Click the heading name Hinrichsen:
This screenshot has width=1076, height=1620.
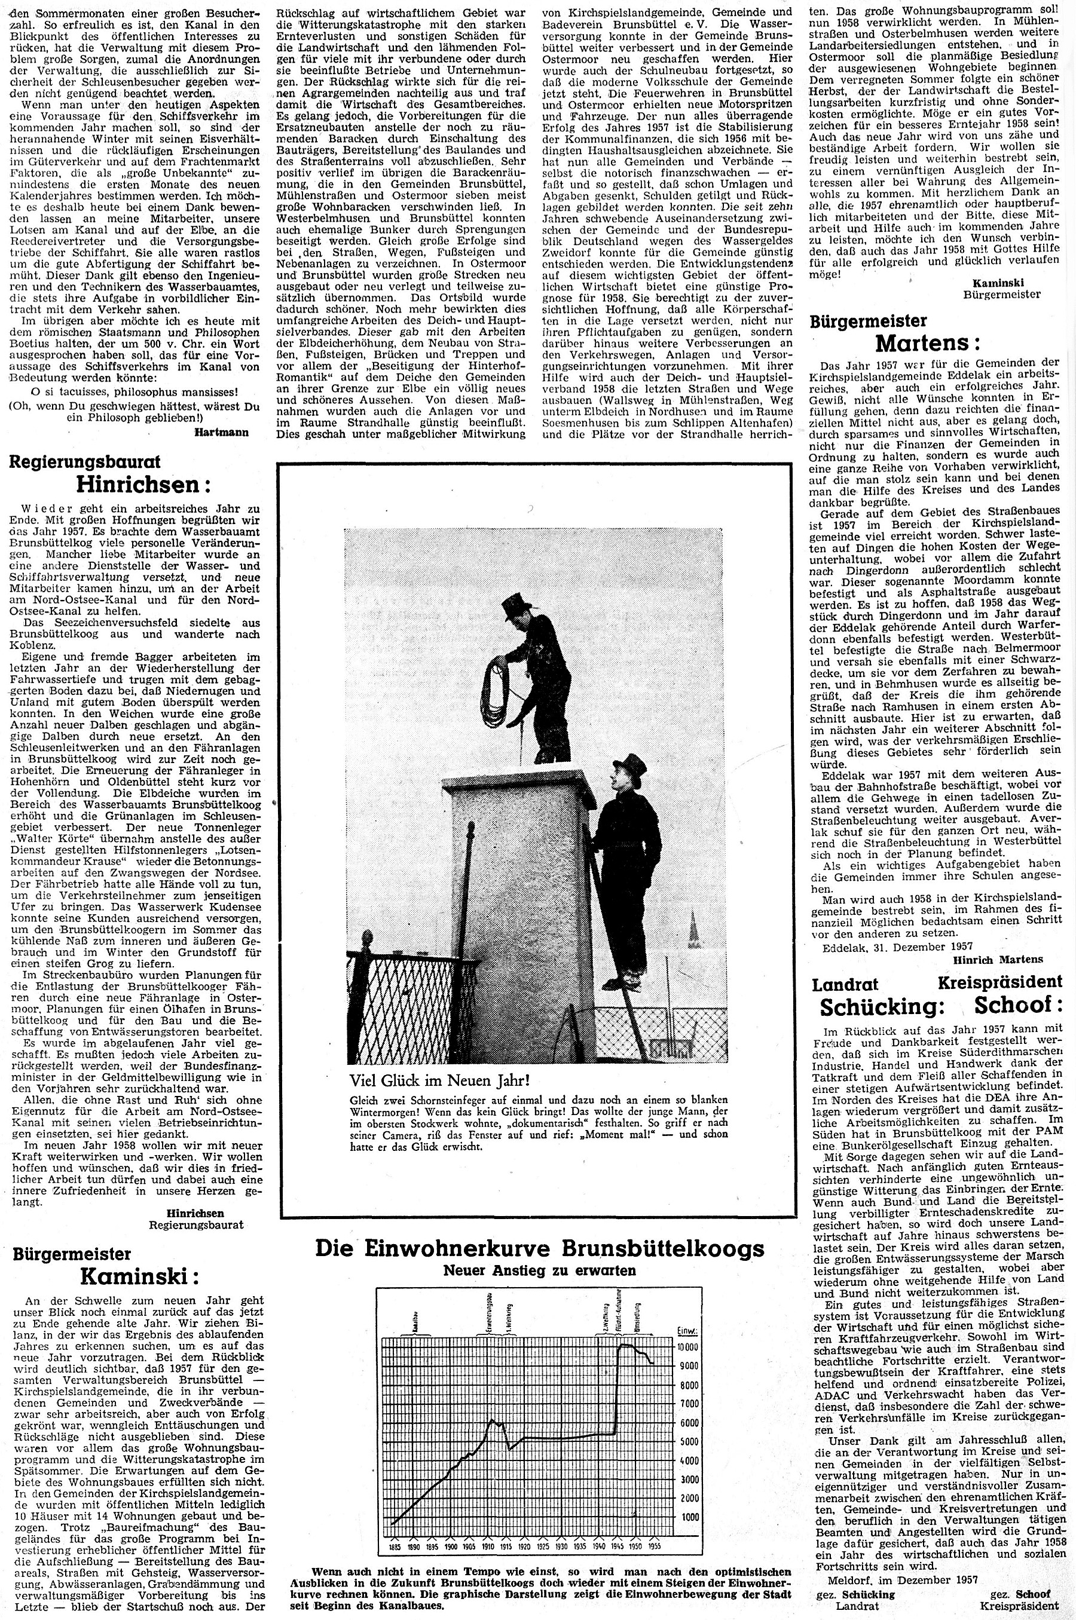tap(143, 484)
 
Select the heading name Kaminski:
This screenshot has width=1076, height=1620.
tap(139, 1276)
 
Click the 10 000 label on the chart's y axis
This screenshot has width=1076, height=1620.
tap(687, 1347)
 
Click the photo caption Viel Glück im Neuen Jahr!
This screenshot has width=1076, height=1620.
tap(440, 1080)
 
